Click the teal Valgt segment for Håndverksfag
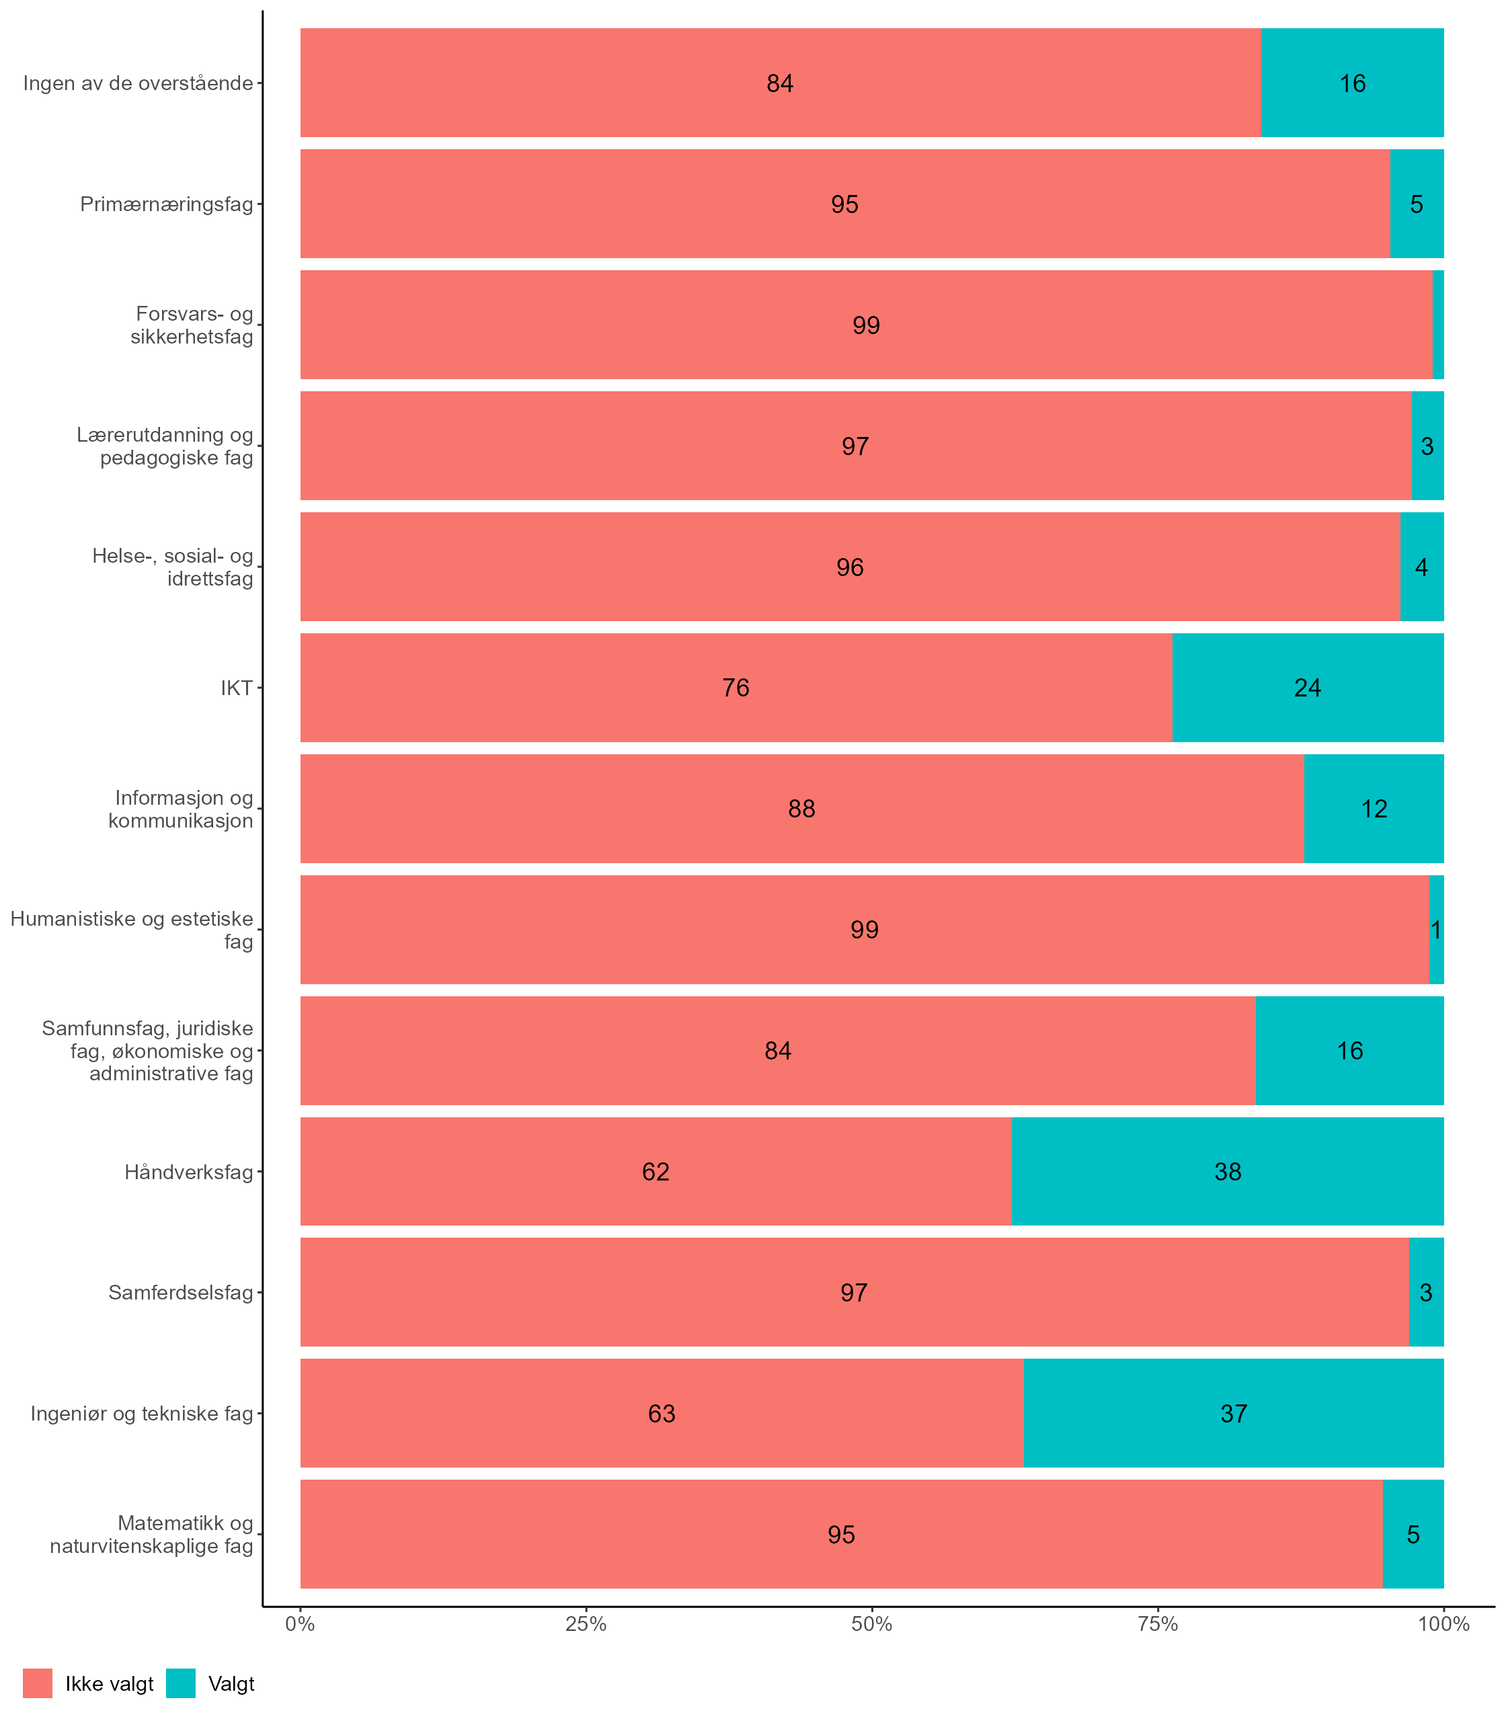[1227, 1171]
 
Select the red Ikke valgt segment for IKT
[736, 687]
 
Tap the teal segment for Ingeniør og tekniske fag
[1233, 1413]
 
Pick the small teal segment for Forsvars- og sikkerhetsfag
[1438, 324]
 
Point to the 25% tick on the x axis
[586, 1607]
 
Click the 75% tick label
[1157, 1624]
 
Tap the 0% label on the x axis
[300, 1624]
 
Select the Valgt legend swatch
[181, 1683]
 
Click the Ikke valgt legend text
[109, 1684]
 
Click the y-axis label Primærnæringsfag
[167, 204]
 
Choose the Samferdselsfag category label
[181, 1292]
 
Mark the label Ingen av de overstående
[138, 83]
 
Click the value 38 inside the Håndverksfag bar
[1228, 1171]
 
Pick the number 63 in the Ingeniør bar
[662, 1413]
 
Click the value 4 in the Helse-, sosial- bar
[1421, 567]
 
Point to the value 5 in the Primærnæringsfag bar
[1417, 204]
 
